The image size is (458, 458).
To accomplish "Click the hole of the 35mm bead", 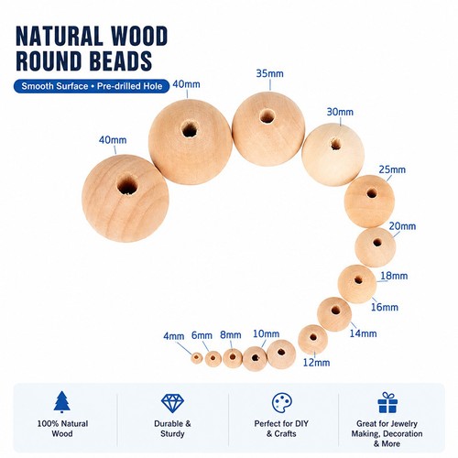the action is tap(267, 117).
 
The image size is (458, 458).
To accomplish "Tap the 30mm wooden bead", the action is tap(333, 155).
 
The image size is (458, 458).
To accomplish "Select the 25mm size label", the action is tap(392, 169).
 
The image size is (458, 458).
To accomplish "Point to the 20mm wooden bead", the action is tap(376, 247).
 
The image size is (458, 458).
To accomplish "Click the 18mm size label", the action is tap(394, 276).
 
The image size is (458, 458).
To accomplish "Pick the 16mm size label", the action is tap(385, 307).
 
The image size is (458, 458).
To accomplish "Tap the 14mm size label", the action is tap(363, 333).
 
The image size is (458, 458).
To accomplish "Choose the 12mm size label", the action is tap(316, 363).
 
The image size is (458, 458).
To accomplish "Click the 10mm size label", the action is tap(266, 333).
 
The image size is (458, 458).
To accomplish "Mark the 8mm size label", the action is tap(231, 335).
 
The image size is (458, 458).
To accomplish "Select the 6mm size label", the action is tap(202, 335).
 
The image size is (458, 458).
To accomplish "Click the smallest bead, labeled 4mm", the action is tap(197, 358).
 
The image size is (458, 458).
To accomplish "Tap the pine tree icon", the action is tap(62, 402).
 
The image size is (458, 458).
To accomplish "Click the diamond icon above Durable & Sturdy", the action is tap(172, 403).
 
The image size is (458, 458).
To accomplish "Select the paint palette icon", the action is tap(282, 403).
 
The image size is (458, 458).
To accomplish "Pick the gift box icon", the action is tap(387, 403).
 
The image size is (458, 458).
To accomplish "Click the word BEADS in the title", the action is tap(120, 60).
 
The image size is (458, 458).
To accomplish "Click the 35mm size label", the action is tap(269, 73).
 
